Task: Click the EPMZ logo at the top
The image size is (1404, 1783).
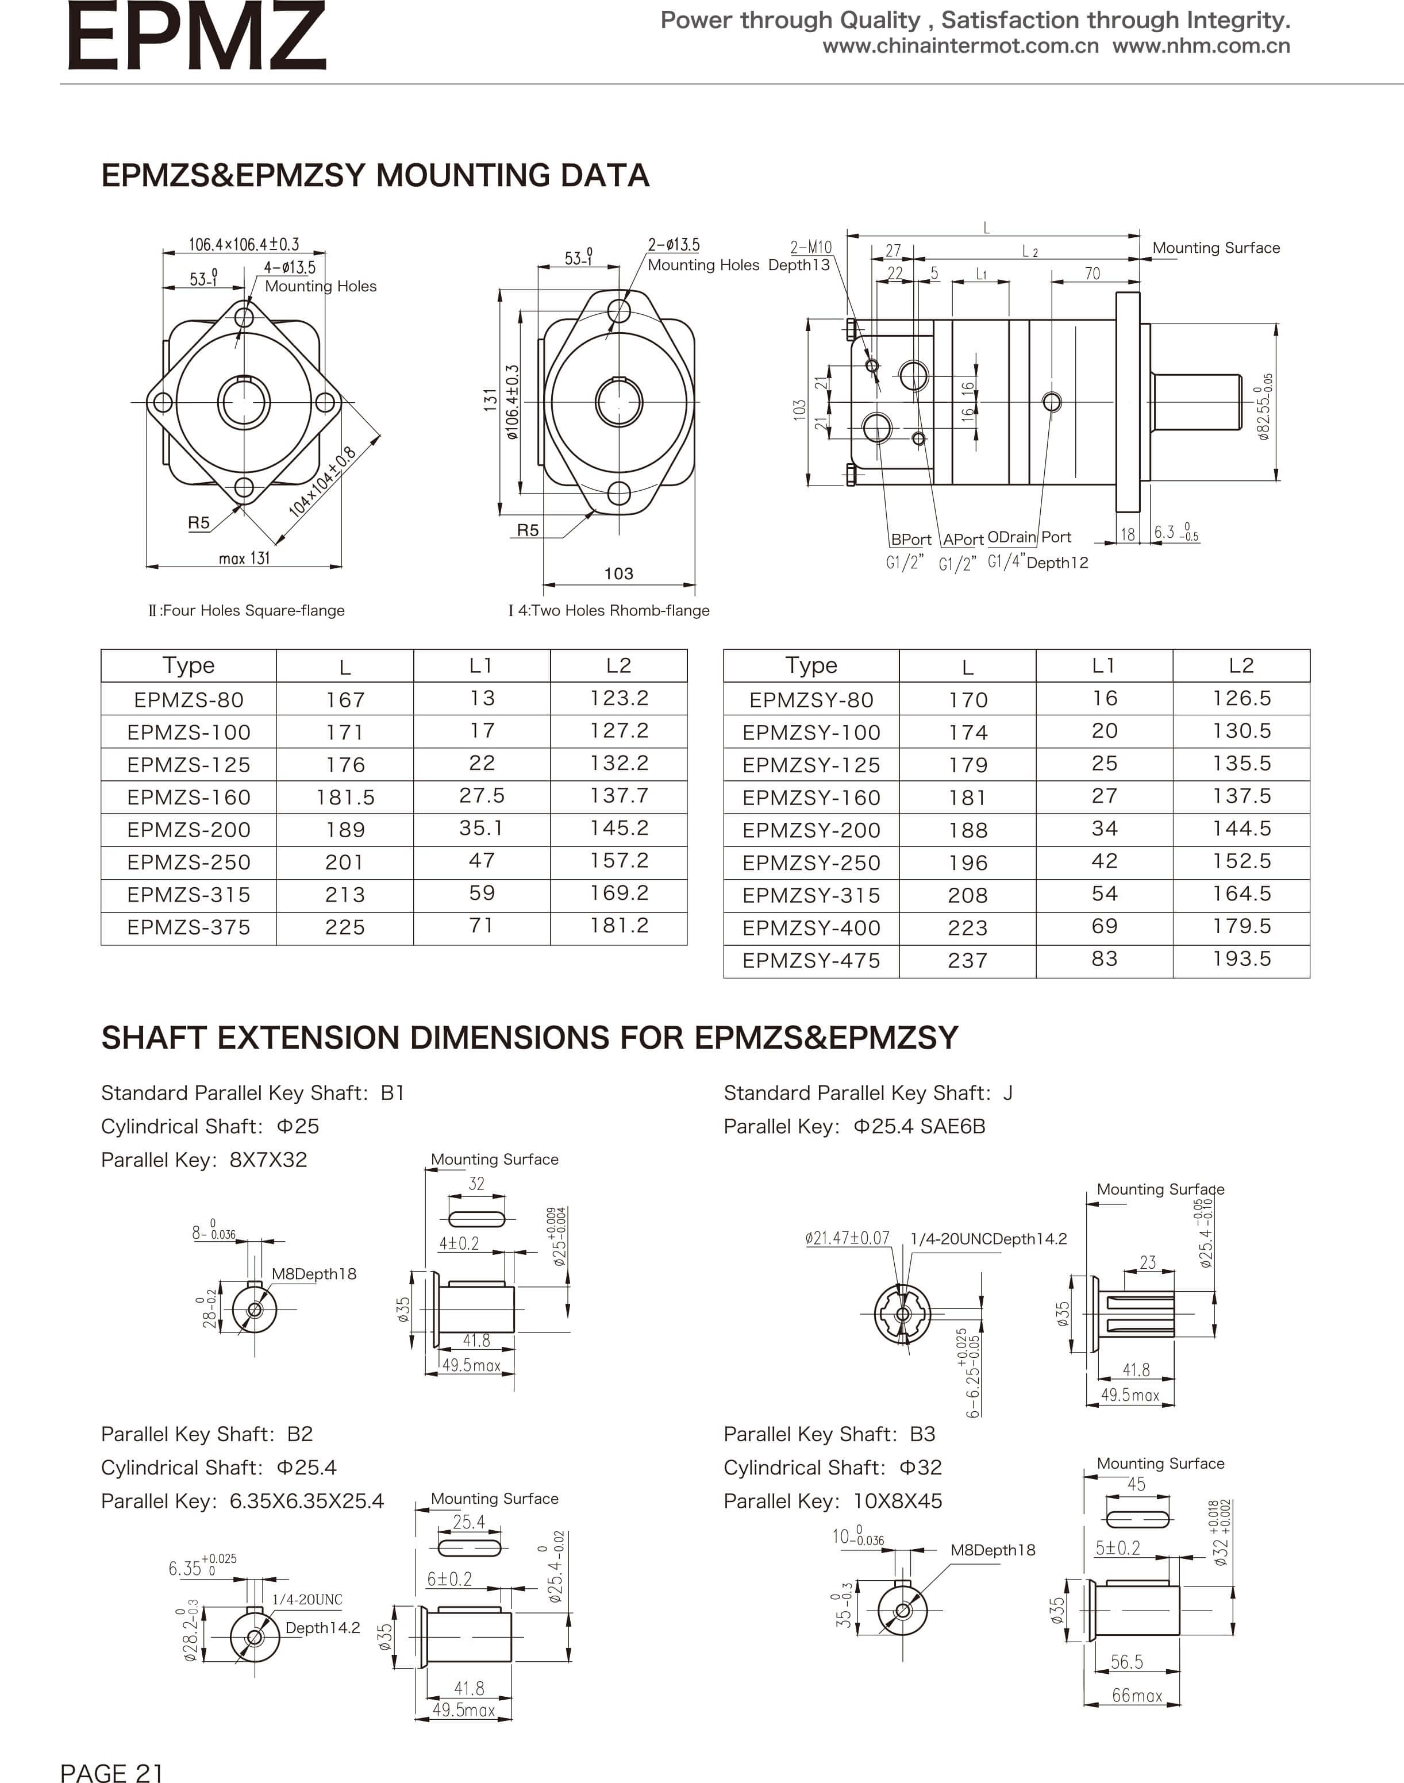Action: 195,36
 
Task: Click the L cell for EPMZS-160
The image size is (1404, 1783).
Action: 345,798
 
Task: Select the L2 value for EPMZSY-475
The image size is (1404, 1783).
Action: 1241,959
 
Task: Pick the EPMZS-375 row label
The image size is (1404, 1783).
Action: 189,927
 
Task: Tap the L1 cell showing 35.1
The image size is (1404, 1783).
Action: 482,828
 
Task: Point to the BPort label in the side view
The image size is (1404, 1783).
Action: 911,540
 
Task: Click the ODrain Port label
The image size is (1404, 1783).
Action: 1029,537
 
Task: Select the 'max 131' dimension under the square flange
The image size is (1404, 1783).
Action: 244,559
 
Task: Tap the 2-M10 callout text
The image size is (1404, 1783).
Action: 810,247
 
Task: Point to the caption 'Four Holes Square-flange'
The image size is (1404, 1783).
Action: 247,610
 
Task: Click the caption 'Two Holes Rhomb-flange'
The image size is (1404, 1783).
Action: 609,610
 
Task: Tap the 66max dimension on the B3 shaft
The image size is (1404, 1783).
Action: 1137,1695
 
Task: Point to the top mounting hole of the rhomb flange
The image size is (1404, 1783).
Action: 618,311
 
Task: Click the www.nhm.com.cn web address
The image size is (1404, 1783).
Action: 1201,46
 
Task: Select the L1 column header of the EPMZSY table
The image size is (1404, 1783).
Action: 1104,665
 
